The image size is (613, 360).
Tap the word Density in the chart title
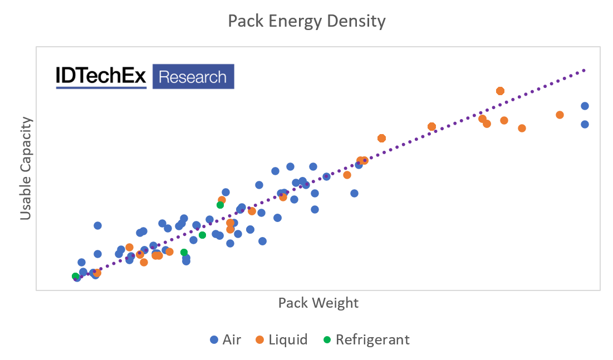click(x=356, y=21)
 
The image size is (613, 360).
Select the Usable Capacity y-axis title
click(x=26, y=168)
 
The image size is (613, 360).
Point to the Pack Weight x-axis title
click(x=318, y=303)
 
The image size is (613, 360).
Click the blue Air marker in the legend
click(x=214, y=339)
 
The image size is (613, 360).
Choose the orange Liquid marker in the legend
click(x=260, y=339)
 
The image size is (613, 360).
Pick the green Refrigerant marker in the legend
click(x=327, y=339)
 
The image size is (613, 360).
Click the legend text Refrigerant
click(x=372, y=339)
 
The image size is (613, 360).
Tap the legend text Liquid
click(x=287, y=339)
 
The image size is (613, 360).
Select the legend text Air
click(x=232, y=339)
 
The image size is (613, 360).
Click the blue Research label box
click(x=193, y=77)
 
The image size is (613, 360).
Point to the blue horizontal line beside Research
click(x=101, y=87)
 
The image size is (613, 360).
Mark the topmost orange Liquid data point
click(x=500, y=91)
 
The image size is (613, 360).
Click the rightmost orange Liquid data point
click(x=560, y=115)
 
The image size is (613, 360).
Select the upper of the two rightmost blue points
click(x=585, y=106)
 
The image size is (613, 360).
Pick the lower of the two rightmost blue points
click(x=585, y=124)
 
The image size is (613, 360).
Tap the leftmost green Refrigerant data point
click(x=75, y=276)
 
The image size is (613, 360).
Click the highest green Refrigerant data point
click(x=220, y=205)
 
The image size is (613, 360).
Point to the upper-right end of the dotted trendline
click(x=585, y=70)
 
